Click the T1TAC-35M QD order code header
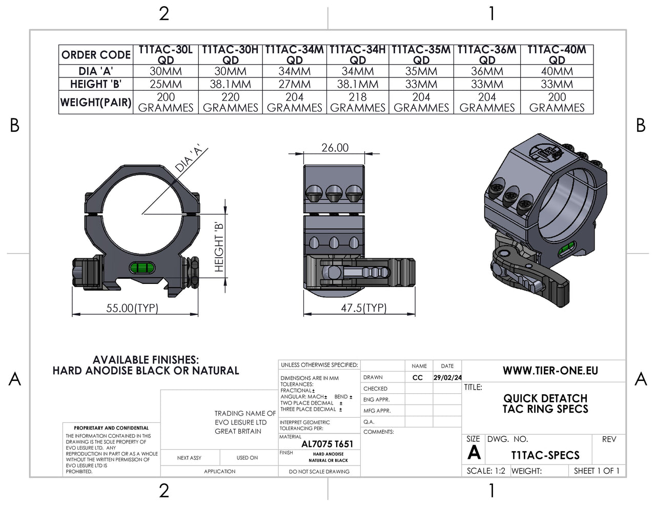tap(421, 55)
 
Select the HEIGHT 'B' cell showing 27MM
tap(295, 84)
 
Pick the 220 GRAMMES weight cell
tap(231, 102)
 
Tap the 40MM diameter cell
tap(557, 71)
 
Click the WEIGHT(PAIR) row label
tap(96, 102)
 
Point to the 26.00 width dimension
tap(335, 148)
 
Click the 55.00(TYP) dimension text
tap(132, 308)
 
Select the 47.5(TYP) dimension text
tap(363, 308)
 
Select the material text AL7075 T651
tap(327, 444)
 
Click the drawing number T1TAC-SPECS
tap(545, 455)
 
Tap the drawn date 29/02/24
tap(447, 377)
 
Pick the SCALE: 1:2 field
tap(486, 471)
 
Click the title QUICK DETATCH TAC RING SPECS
tap(545, 403)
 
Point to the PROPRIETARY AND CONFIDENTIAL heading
tap(111, 428)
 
